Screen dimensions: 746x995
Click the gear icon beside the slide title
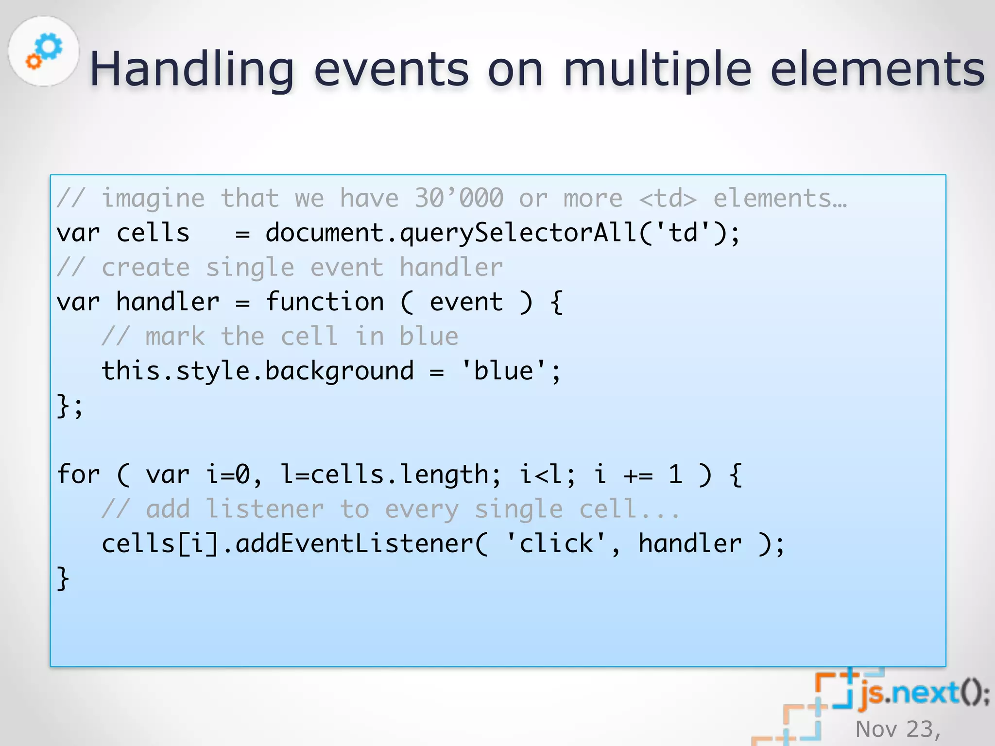[x=44, y=51]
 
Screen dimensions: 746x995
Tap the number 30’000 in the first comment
[x=459, y=198]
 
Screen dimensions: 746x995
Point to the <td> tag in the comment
[x=668, y=198]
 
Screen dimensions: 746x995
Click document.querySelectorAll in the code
[x=450, y=233]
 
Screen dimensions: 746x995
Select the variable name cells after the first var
[x=153, y=233]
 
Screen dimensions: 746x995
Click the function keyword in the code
[x=325, y=302]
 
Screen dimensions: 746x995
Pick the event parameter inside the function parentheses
[x=466, y=302]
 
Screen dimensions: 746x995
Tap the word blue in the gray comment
[x=429, y=337]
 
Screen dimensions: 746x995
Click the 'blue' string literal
[x=503, y=372]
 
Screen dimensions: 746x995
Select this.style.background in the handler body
[x=257, y=372]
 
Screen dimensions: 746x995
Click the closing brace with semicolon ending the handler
[x=70, y=406]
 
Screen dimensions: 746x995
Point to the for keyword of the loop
[x=78, y=475]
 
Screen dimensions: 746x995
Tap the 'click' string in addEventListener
[x=556, y=543]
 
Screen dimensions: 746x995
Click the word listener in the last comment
[x=265, y=509]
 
